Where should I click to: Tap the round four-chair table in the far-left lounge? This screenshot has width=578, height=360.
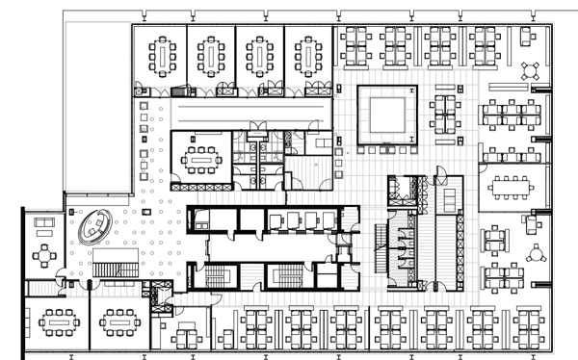coord(43,256)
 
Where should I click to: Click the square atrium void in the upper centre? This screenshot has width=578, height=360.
coord(387,115)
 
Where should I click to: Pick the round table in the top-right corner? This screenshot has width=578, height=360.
coord(531,70)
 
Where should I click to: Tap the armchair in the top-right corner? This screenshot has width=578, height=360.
coord(527,38)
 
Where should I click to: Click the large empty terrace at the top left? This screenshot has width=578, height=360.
coord(96,106)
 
